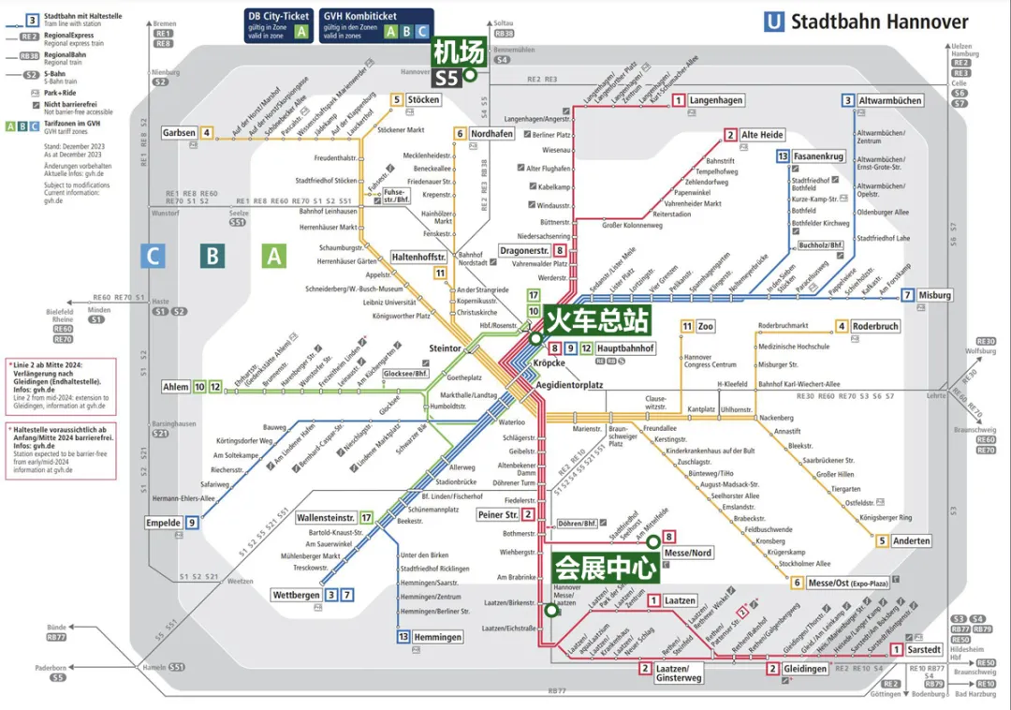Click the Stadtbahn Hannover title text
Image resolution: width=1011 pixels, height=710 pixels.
[x=880, y=21]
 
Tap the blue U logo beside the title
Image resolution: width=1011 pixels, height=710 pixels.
[x=774, y=21]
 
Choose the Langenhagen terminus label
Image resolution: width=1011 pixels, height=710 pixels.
[x=716, y=100]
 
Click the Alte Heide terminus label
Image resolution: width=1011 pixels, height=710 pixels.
[x=762, y=135]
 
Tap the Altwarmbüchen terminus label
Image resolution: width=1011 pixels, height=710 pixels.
[x=890, y=100]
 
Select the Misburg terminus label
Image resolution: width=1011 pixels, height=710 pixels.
[x=933, y=296]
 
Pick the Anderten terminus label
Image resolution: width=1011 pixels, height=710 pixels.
[x=911, y=540]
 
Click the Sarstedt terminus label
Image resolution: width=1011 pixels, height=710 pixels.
[x=923, y=649]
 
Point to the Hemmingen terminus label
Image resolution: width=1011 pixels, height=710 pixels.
[x=437, y=637]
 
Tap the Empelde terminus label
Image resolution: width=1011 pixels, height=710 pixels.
[x=163, y=523]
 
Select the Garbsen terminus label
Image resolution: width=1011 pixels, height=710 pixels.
[x=179, y=133]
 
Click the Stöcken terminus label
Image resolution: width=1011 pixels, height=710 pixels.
[x=424, y=99]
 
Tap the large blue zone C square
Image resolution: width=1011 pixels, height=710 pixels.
[x=153, y=255]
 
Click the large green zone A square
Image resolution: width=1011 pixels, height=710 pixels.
[x=274, y=255]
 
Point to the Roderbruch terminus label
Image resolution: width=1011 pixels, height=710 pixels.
[x=874, y=326]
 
